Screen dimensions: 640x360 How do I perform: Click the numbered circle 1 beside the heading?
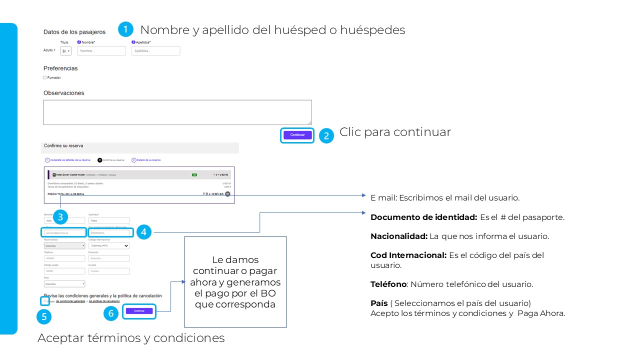pyautogui.click(x=125, y=29)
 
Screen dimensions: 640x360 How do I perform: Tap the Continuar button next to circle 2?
pyautogui.click(x=297, y=135)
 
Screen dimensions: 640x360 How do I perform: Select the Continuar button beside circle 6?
pyautogui.click(x=139, y=311)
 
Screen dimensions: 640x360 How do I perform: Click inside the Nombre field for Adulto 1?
pyautogui.click(x=101, y=50)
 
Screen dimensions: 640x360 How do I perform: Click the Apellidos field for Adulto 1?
pyautogui.click(x=155, y=50)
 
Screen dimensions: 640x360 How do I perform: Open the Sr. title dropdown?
pyautogui.click(x=66, y=51)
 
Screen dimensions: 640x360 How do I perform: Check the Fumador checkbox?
pyautogui.click(x=45, y=77)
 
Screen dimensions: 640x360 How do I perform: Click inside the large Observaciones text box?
pyautogui.click(x=177, y=112)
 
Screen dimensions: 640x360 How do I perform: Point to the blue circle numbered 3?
pyautogui.click(x=60, y=217)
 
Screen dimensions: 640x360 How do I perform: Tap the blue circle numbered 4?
pyautogui.click(x=143, y=232)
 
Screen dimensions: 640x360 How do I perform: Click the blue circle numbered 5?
pyautogui.click(x=44, y=316)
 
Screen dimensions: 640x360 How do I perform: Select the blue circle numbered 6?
pyautogui.click(x=111, y=313)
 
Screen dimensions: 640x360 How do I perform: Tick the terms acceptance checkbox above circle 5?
pyautogui.click(x=45, y=301)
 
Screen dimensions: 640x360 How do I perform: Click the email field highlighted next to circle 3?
pyautogui.click(x=64, y=232)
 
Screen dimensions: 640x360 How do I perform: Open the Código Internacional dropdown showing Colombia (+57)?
pyautogui.click(x=108, y=245)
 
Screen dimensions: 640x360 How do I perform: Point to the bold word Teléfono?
pyautogui.click(x=388, y=284)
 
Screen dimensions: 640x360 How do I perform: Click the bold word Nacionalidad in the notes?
pyautogui.click(x=398, y=236)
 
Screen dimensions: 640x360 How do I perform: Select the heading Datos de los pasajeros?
pyautogui.click(x=74, y=32)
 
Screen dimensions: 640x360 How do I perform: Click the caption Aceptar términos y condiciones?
pyautogui.click(x=131, y=338)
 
